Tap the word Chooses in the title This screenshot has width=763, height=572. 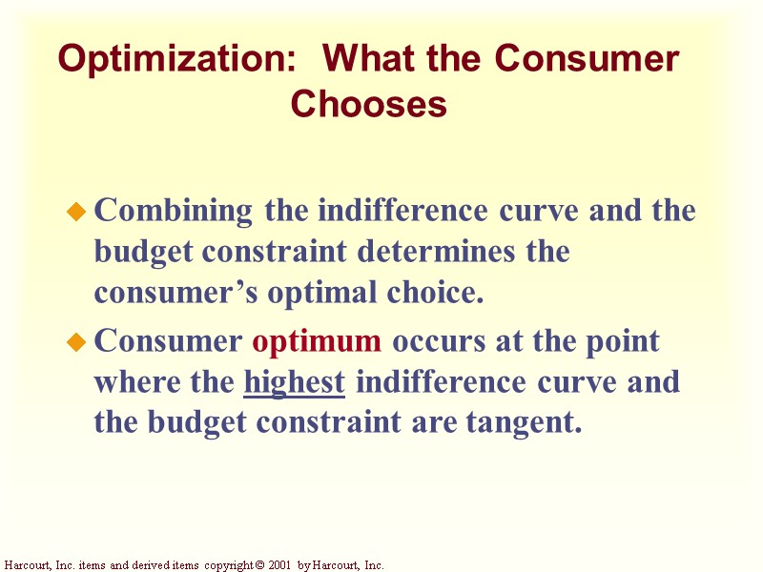(x=369, y=104)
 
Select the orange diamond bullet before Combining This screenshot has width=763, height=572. (x=77, y=212)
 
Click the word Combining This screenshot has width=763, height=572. (x=174, y=210)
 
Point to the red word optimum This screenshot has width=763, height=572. (x=318, y=340)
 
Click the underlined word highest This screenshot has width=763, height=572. (x=295, y=383)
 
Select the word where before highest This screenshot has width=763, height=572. (x=136, y=383)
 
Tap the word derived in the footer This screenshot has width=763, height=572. (x=142, y=565)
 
